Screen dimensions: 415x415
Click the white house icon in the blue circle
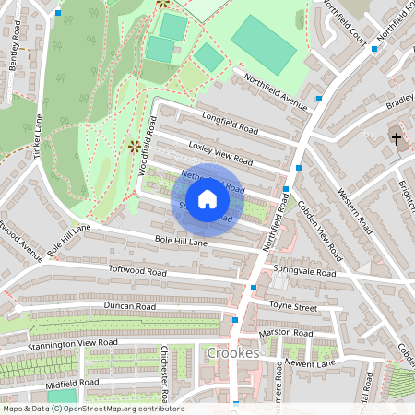(207, 199)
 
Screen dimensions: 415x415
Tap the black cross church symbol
(397, 139)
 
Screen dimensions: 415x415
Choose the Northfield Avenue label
(275, 88)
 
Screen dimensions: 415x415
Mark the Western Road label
(353, 210)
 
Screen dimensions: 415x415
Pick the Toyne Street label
(292, 304)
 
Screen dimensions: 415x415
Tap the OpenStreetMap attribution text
(92, 409)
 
